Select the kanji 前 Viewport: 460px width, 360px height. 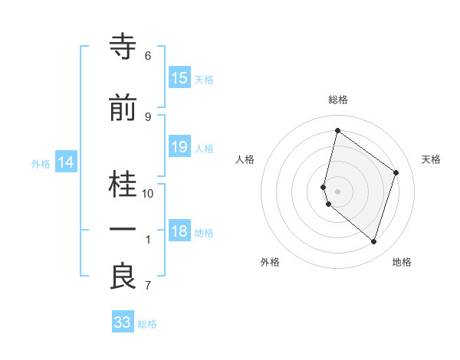[123, 110]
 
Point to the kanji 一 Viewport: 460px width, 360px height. [123, 231]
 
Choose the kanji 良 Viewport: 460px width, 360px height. [123, 277]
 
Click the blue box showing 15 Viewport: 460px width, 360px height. [179, 78]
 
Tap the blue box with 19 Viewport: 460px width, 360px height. [179, 148]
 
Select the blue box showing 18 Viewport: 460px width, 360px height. [179, 232]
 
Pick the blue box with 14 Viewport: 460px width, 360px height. [66, 162]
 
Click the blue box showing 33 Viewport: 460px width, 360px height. [123, 322]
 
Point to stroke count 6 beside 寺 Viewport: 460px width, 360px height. [148, 56]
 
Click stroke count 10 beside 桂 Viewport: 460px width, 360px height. [148, 194]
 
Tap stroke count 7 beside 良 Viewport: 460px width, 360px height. [148, 286]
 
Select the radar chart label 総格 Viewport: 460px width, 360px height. [338, 100]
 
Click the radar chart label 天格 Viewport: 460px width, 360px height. [431, 159]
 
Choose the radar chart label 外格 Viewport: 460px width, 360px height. [270, 262]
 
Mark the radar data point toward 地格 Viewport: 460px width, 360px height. [373, 242]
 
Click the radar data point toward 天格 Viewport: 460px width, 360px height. [396, 172]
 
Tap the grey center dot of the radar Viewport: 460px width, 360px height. [338, 191]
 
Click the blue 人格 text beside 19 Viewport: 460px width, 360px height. [204, 149]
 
